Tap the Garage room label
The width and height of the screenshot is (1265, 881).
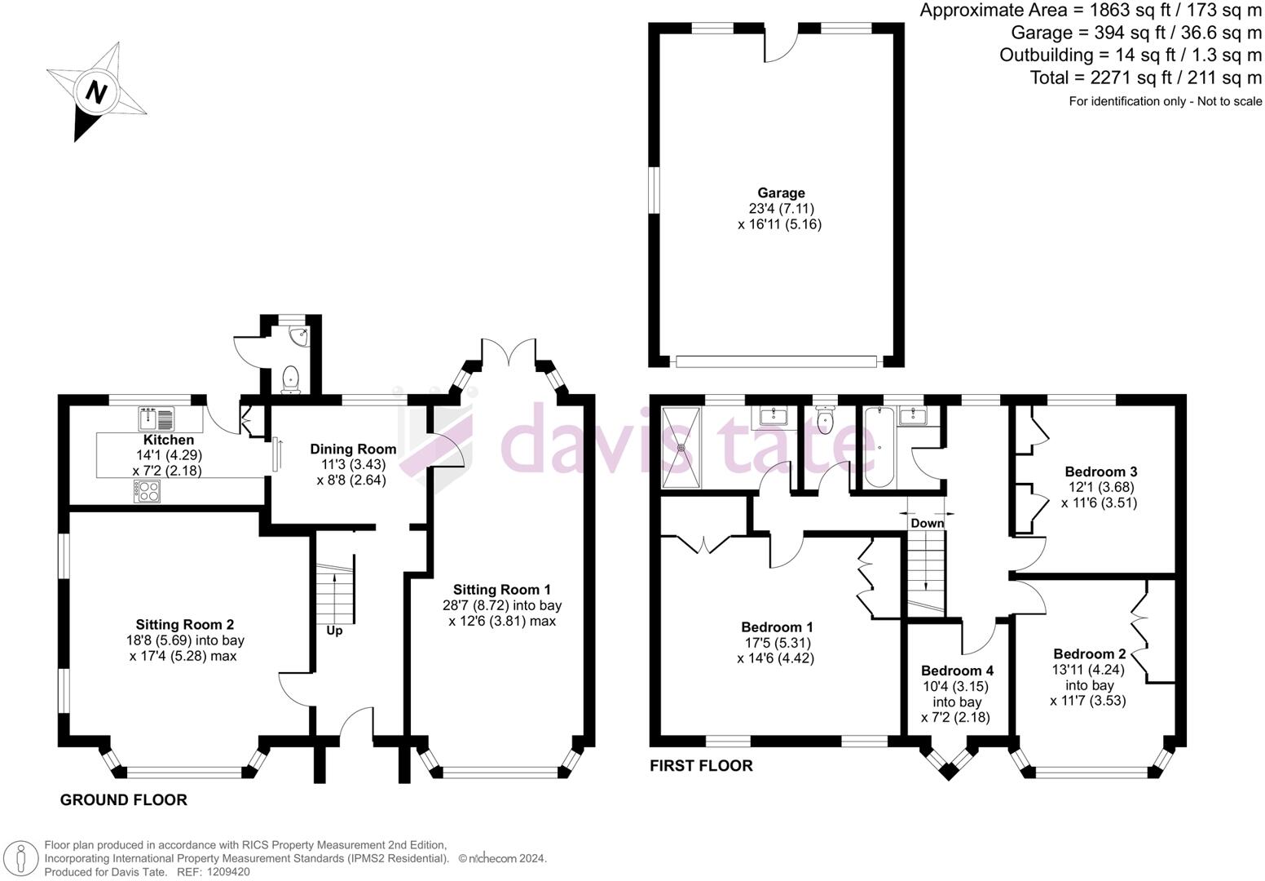[x=780, y=193]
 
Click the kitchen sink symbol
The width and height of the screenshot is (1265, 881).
[x=156, y=419]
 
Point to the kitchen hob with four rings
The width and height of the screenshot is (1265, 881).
[x=148, y=491]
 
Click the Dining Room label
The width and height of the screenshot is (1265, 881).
[x=353, y=449]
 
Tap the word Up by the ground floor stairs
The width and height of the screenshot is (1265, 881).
[x=334, y=631]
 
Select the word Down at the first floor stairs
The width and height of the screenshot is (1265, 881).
[x=928, y=523]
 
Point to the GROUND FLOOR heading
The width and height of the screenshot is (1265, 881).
[x=124, y=800]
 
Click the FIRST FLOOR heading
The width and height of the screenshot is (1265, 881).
[x=701, y=766]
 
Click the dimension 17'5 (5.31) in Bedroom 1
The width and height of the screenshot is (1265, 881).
[x=777, y=643]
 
